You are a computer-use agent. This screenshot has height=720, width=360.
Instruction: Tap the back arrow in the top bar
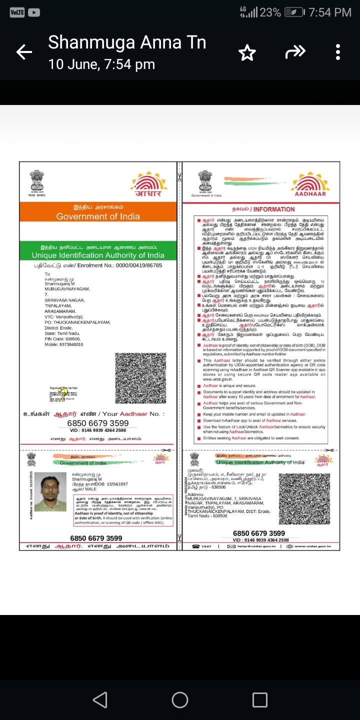click(24, 51)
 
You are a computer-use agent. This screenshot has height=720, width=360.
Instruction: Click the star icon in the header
click(247, 52)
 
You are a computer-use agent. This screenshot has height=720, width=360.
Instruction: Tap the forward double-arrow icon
click(294, 51)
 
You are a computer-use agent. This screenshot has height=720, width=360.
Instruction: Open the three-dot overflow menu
click(338, 52)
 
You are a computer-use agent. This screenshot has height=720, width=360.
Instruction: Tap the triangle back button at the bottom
click(100, 699)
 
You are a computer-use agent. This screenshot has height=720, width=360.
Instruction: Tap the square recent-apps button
click(260, 699)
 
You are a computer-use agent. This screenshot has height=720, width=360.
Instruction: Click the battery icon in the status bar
click(293, 12)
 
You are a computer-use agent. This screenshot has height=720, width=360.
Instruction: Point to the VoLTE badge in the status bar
click(17, 12)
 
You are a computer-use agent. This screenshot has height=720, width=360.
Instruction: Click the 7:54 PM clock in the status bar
click(330, 12)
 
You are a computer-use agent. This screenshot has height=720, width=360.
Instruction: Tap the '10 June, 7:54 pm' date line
click(101, 64)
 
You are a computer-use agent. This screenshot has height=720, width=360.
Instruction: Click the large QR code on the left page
click(140, 378)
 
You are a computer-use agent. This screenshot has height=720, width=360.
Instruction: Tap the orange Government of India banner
click(98, 212)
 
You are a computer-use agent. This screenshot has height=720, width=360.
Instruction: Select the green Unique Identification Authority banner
click(98, 251)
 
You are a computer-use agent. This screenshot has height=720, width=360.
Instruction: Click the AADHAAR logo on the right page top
click(310, 184)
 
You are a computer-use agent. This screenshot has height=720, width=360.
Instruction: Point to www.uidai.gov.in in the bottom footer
click(312, 546)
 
